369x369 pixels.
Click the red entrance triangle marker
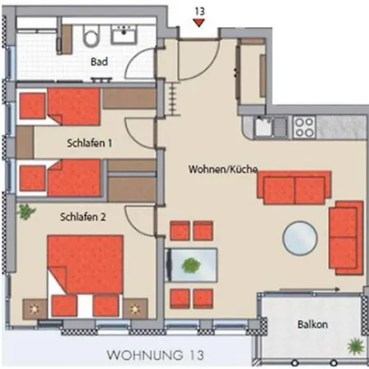198,24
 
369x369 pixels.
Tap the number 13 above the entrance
198,10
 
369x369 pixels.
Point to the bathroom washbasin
125,34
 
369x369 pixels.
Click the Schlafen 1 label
89,143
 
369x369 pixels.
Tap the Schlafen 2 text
81,217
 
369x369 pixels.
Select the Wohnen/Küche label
223,170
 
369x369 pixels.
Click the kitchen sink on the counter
264,126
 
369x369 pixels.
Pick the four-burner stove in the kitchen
304,126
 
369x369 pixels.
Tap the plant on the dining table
191,265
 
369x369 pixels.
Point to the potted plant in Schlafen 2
27,212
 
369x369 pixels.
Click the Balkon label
312,325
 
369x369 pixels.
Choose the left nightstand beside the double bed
35,307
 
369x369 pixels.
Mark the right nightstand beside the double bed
135,308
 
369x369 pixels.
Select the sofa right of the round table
345,239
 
